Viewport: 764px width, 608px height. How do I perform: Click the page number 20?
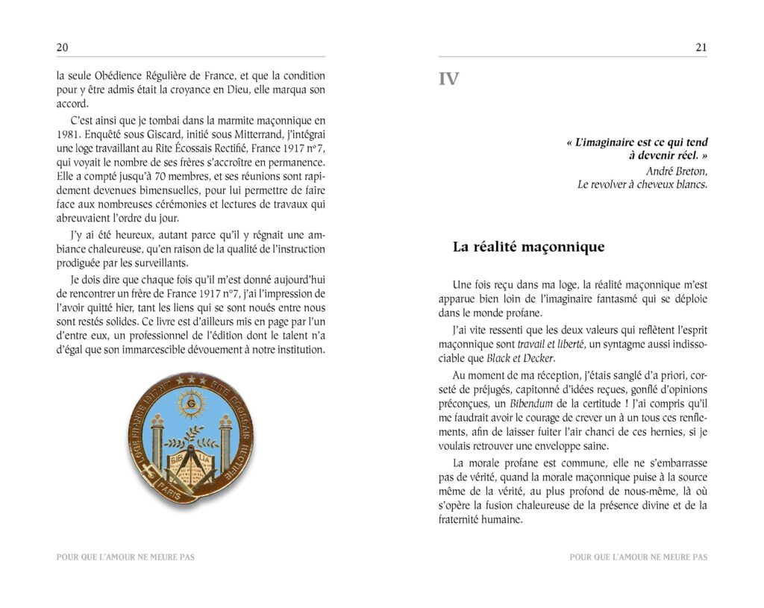pyautogui.click(x=63, y=47)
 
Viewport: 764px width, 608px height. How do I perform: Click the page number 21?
pyautogui.click(x=701, y=47)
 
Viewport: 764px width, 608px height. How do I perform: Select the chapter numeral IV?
pyautogui.click(x=448, y=79)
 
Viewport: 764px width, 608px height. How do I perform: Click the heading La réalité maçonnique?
pyautogui.click(x=528, y=247)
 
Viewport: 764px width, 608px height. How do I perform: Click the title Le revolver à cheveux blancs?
pyautogui.click(x=642, y=184)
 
